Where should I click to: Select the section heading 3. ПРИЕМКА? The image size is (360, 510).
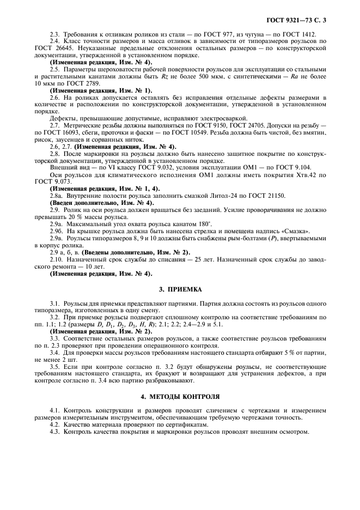coord(179,290)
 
